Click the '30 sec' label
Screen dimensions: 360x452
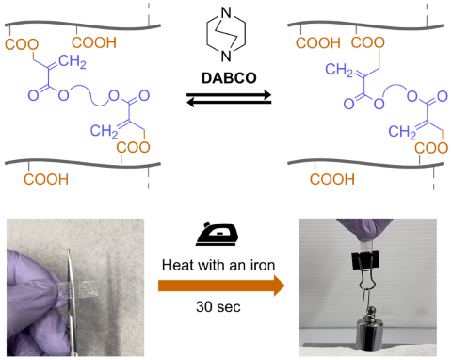pyautogui.click(x=226, y=308)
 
